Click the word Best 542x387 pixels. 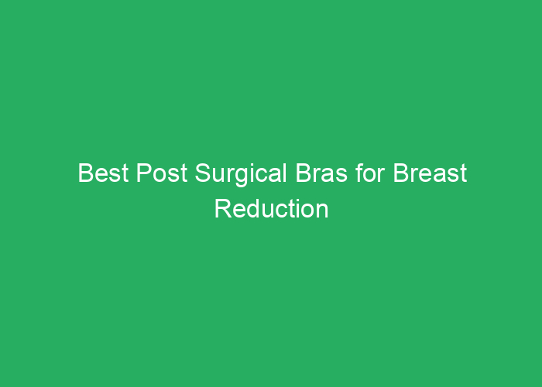pyautogui.click(x=104, y=173)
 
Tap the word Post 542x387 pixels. pyautogui.click(x=161, y=173)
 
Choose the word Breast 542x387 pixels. pyautogui.click(x=430, y=173)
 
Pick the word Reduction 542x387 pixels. pyautogui.click(x=271, y=209)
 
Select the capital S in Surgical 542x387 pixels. pyautogui.click(x=202, y=173)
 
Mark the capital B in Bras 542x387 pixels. pyautogui.click(x=302, y=173)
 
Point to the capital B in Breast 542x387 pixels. pyautogui.click(x=400, y=173)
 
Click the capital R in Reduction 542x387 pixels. pyautogui.click(x=222, y=209)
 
